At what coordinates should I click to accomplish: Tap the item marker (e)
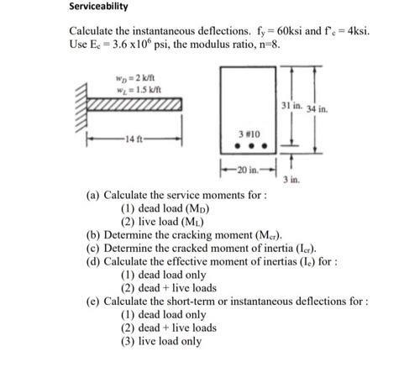point(92,300)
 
